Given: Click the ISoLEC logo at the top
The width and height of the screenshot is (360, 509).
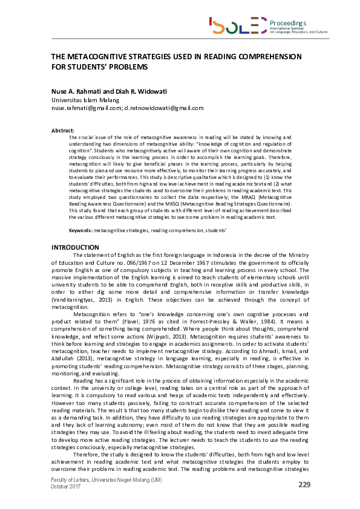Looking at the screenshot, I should click(x=229, y=25).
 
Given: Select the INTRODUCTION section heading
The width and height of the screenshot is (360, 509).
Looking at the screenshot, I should click(x=75, y=247).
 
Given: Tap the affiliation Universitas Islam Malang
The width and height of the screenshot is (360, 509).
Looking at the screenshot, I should click(x=85, y=100).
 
